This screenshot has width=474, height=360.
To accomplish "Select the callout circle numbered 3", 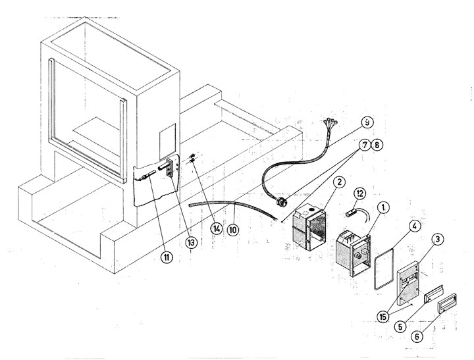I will coord(439,240).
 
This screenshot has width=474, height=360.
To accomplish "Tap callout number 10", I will coord(233,230).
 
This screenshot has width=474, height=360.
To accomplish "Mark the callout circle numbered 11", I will coord(167,257).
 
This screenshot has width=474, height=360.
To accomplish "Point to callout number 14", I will coord(215,230).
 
